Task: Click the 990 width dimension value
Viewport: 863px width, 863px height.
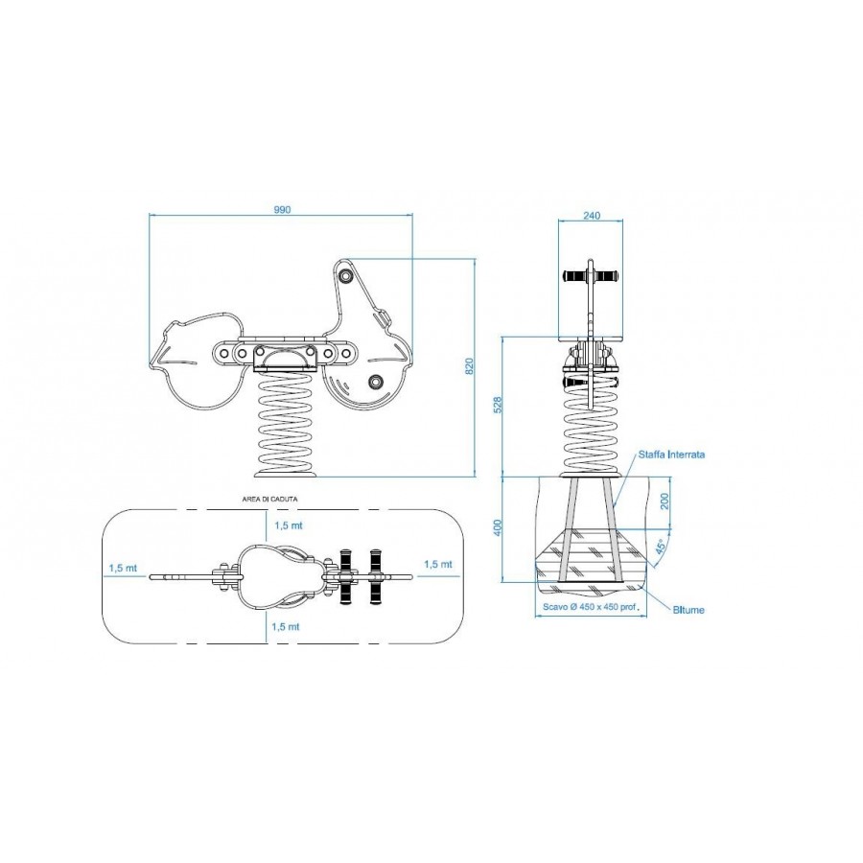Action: click(x=281, y=209)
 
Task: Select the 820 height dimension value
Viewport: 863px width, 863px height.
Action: click(x=469, y=366)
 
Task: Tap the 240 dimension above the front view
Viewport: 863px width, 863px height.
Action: click(x=591, y=215)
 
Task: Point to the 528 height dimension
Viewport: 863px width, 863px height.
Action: click(x=498, y=405)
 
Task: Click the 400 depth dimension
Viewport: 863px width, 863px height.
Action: click(x=498, y=527)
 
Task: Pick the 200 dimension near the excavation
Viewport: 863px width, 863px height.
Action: click(x=665, y=501)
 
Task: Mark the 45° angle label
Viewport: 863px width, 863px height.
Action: click(x=661, y=546)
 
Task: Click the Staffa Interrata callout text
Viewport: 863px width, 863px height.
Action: click(x=671, y=455)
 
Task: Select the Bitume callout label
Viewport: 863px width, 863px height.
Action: click(x=688, y=610)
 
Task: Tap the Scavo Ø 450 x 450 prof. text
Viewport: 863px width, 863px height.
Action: click(x=590, y=608)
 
